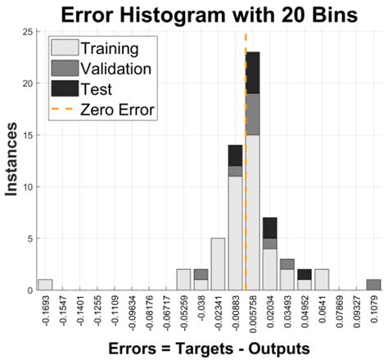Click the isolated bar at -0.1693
tap(45, 285)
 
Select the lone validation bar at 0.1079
tap(373, 285)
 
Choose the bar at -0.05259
tap(183, 280)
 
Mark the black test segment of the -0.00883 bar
tap(235, 155)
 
